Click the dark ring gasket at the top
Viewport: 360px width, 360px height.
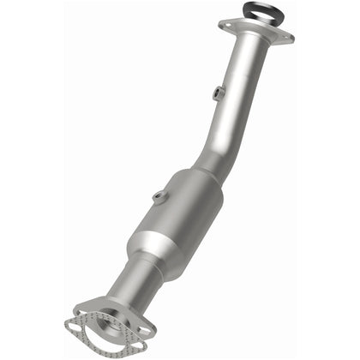pos(255,7)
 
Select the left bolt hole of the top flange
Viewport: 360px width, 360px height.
pos(227,25)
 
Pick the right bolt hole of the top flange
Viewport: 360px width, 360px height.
pos(286,35)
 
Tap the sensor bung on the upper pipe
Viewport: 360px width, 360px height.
pos(217,93)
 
